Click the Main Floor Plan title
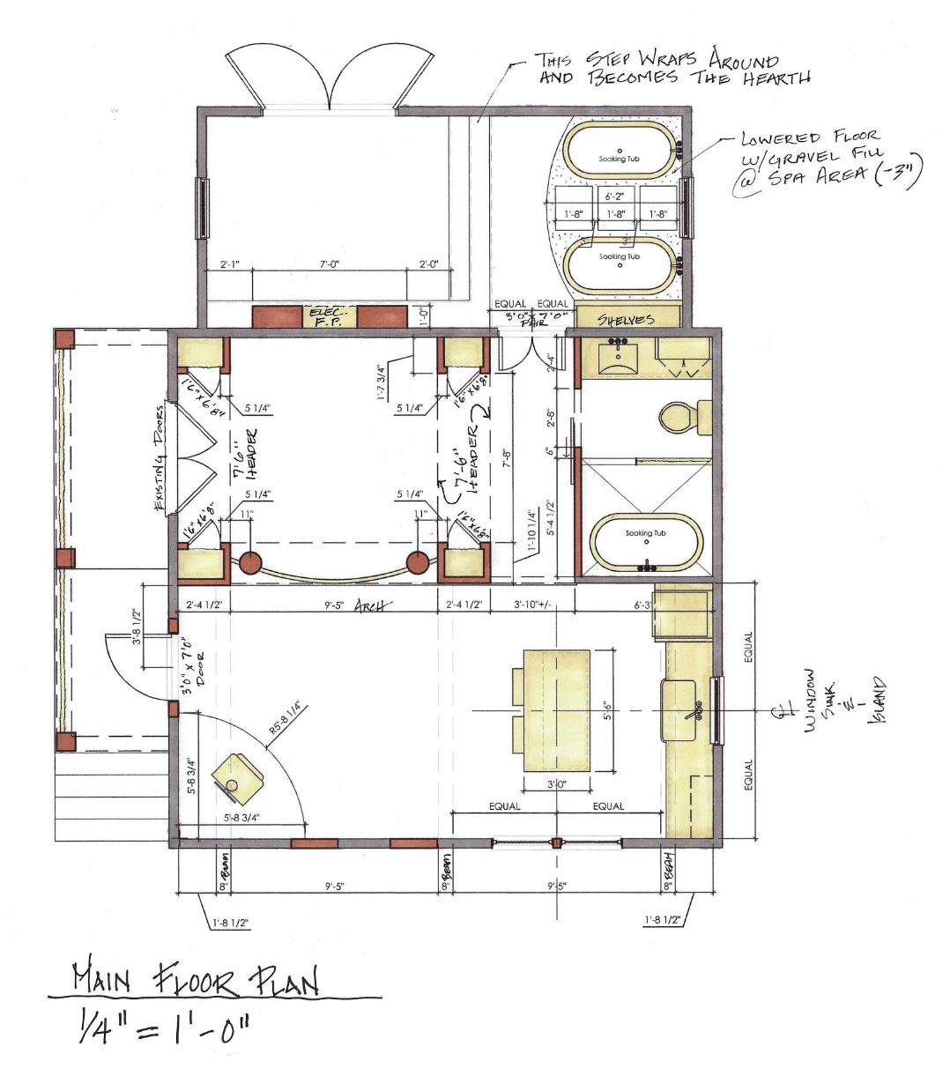pos(195,979)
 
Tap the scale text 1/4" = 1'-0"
pos(164,1028)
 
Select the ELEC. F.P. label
pos(330,316)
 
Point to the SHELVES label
pos(626,319)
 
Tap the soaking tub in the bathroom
pos(646,545)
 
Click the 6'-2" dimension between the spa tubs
pos(613,197)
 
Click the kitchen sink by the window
pos(682,710)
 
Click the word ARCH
pos(373,606)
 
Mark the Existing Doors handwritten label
pos(160,458)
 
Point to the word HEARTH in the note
pos(776,79)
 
